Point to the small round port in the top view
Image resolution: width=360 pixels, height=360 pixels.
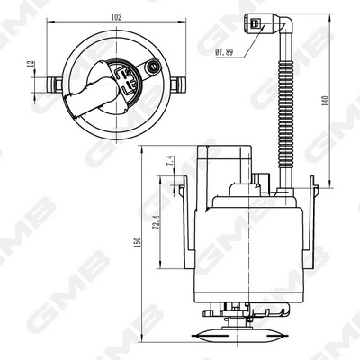tap(153, 67)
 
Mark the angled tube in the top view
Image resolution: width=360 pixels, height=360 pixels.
tap(90, 95)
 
